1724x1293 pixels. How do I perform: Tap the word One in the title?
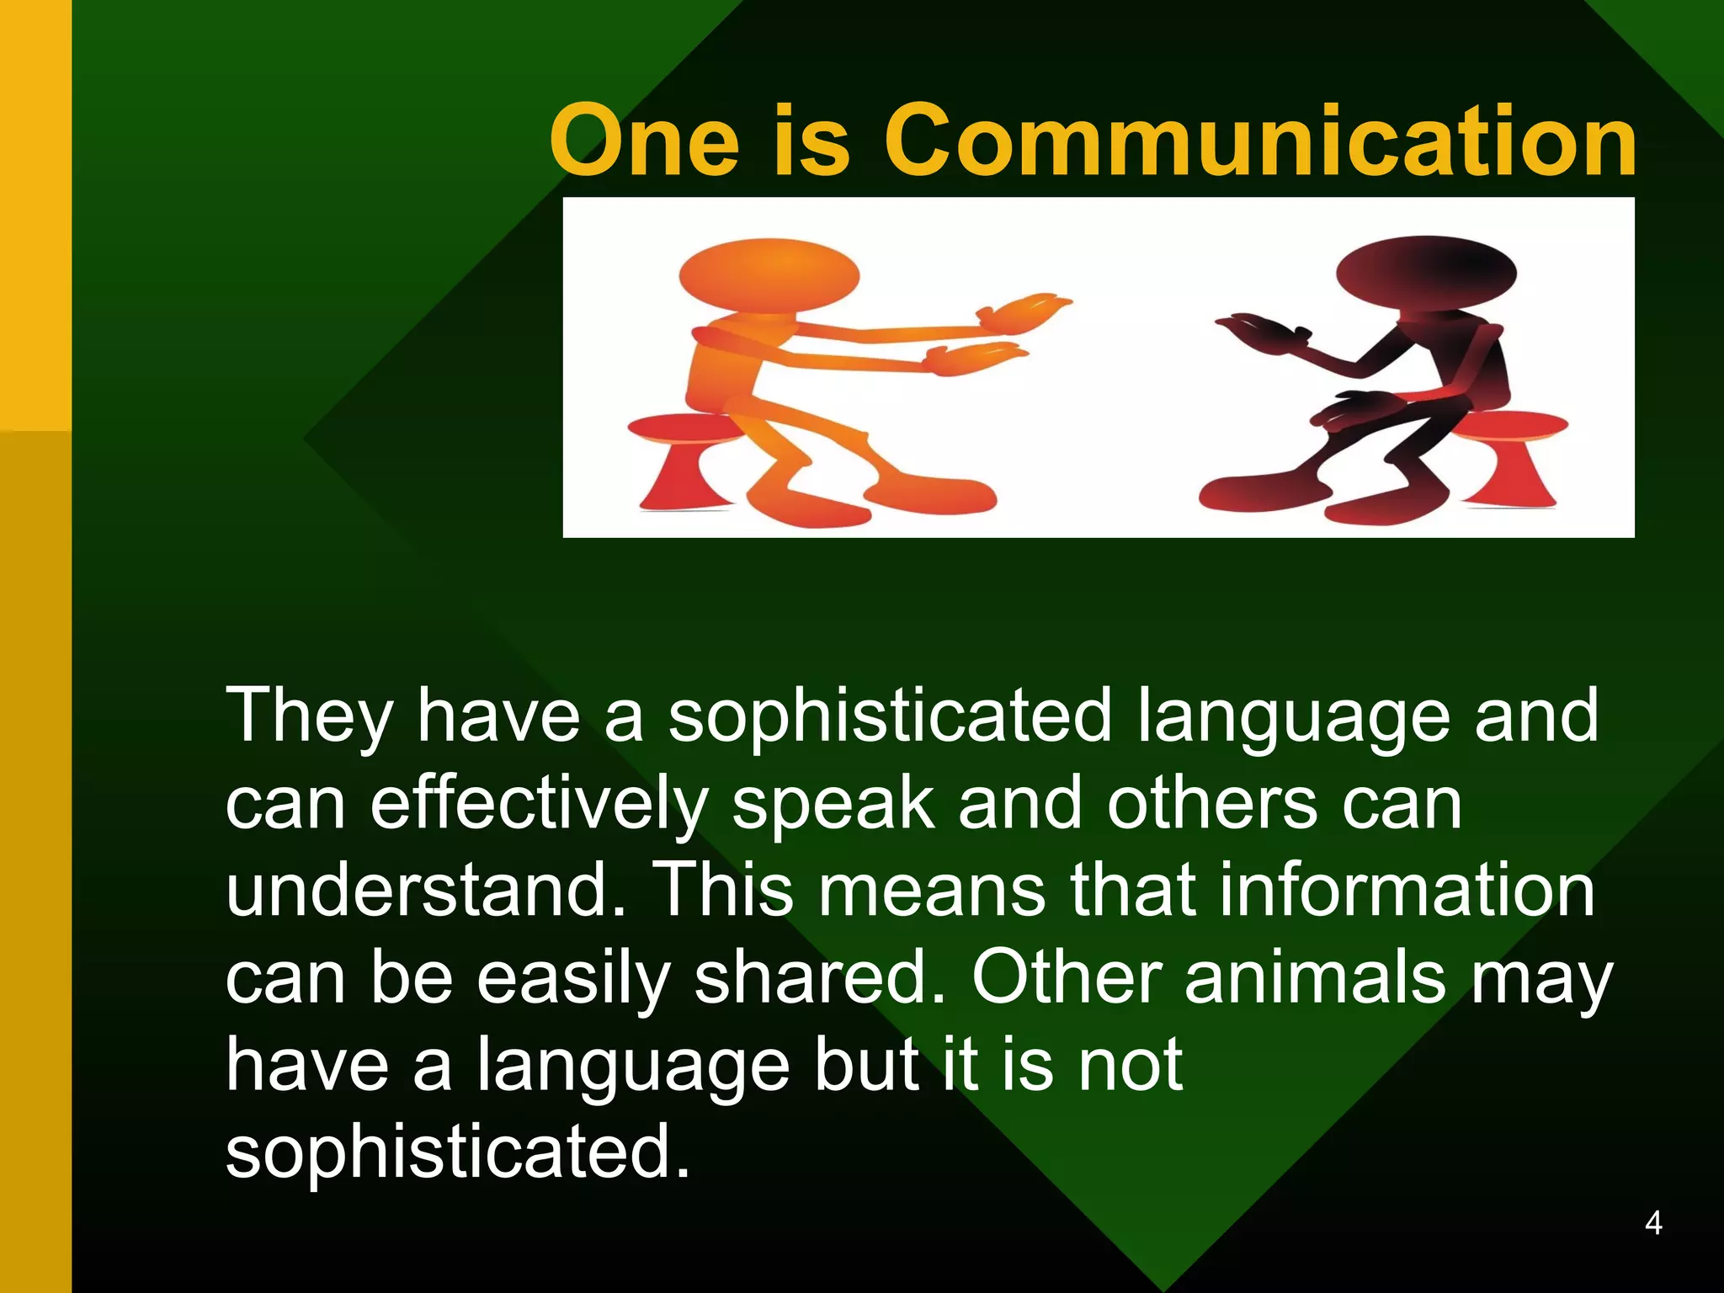(644, 141)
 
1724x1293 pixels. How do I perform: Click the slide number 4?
(1652, 1223)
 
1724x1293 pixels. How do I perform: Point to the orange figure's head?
(769, 277)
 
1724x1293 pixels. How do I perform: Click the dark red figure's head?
(1426, 273)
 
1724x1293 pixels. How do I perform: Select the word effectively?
(539, 804)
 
